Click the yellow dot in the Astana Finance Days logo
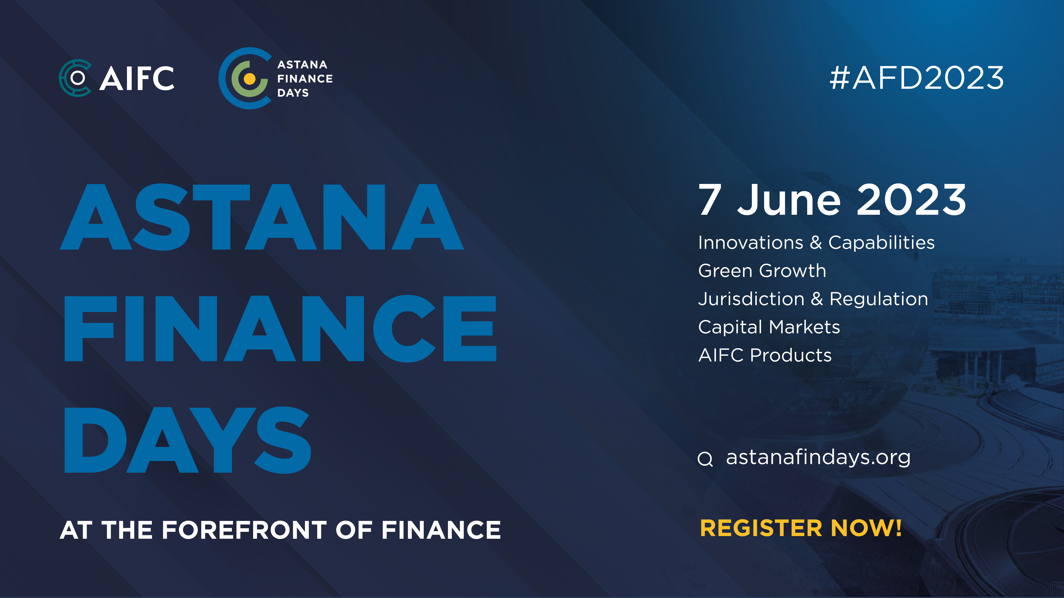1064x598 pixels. (x=250, y=78)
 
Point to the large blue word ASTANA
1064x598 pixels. (x=262, y=217)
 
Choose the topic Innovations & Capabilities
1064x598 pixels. (x=816, y=243)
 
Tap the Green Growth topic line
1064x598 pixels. (x=762, y=271)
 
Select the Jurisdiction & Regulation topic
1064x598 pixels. (x=813, y=299)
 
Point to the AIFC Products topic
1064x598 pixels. (x=764, y=355)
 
